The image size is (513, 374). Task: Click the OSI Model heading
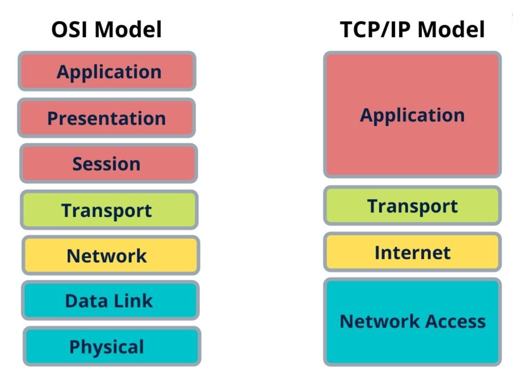coord(107,30)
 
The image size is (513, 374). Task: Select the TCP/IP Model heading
coord(413,30)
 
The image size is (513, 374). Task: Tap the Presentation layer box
coord(107,118)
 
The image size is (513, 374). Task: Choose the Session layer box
coord(108,164)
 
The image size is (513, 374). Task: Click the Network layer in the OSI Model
coord(110,256)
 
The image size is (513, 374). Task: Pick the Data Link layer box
coord(110,300)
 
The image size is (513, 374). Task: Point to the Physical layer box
coord(112,346)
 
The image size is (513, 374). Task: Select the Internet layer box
coord(413,252)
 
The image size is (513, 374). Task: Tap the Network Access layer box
coord(413,321)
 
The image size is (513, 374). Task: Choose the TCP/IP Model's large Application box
coord(413,115)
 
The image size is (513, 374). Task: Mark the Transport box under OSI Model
coord(109,210)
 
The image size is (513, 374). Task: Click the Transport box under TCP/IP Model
coord(413,205)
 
